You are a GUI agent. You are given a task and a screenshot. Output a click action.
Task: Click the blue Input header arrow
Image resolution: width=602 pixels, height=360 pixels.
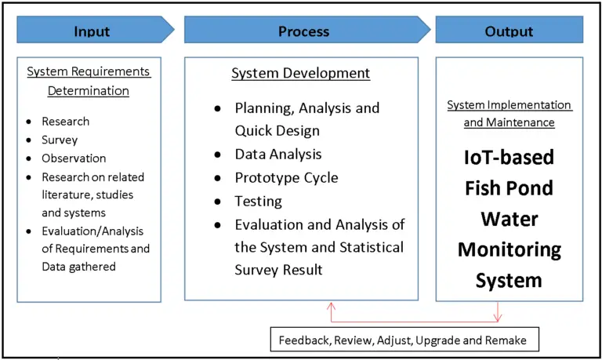[92, 31]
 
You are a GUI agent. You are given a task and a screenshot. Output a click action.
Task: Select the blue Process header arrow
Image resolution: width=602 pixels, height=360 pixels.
[304, 31]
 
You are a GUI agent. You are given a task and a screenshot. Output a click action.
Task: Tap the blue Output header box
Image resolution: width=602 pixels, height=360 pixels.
[510, 31]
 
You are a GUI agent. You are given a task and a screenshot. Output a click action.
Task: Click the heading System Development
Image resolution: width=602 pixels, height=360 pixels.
[300, 73]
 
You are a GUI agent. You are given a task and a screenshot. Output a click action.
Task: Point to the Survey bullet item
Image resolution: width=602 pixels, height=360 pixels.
[60, 140]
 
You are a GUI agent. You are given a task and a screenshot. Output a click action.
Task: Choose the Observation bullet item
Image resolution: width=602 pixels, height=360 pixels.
[74, 158]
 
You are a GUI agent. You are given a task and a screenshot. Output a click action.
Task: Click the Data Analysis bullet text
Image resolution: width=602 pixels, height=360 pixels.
[278, 155]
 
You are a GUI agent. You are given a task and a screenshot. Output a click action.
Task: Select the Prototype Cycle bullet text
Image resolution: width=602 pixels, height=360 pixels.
[286, 177]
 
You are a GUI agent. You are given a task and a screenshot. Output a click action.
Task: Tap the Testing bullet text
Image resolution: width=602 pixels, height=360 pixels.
[258, 201]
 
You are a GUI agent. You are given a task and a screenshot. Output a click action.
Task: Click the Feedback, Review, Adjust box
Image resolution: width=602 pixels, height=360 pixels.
[403, 340]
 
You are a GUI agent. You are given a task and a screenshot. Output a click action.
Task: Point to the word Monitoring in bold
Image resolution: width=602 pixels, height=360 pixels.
[510, 249]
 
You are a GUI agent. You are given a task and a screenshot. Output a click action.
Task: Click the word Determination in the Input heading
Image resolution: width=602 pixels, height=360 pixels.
[88, 90]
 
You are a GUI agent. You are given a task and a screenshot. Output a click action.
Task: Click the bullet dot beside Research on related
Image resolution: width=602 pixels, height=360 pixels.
[28, 177]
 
